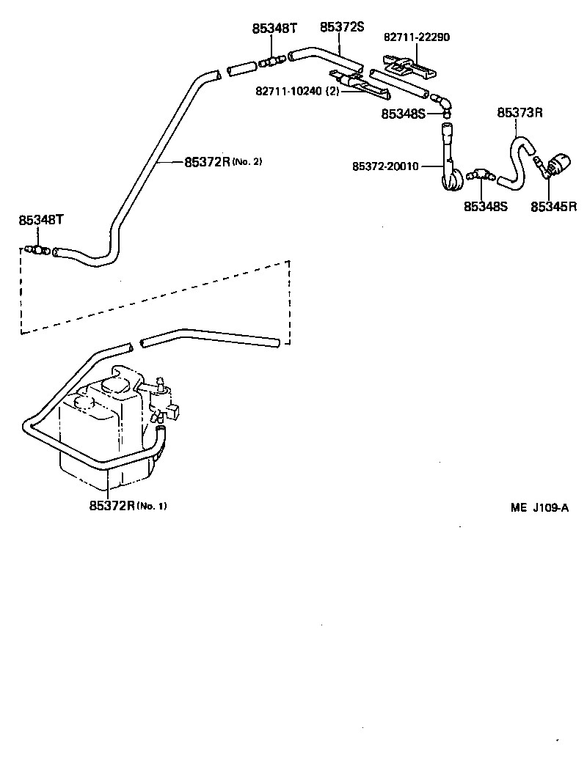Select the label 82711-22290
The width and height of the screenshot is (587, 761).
pos(417,37)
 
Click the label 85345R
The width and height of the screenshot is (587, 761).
pos(554,207)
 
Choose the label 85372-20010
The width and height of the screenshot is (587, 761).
pos(385,166)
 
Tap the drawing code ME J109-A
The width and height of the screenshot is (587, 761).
pos(540,507)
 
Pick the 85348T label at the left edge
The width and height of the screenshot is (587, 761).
pos(41,220)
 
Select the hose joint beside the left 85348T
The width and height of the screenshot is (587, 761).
pos(38,251)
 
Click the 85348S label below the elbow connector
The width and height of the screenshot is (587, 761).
pos(403,114)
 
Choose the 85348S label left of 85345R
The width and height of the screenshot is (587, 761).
pos(486,207)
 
